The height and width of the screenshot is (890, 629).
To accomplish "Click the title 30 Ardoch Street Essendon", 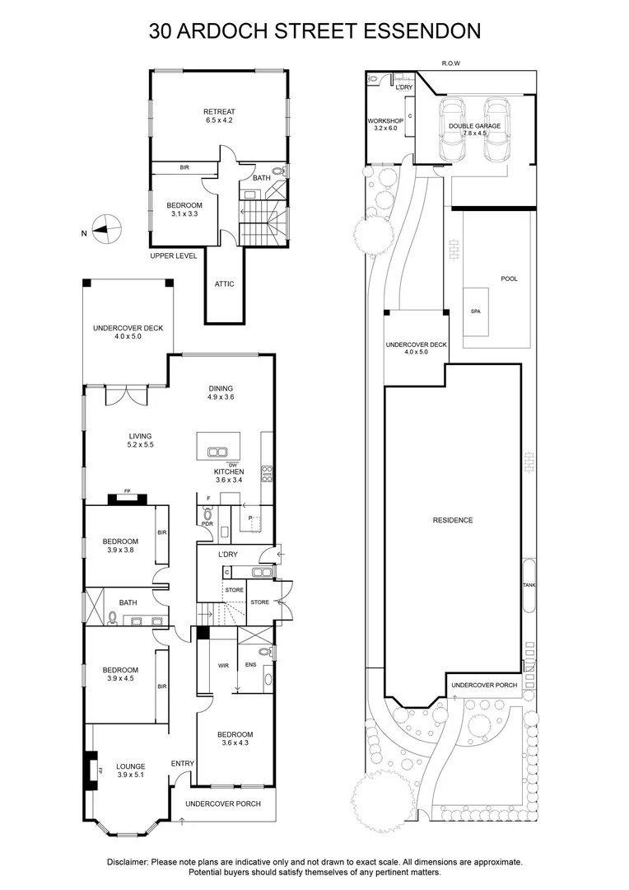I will click(x=314, y=31).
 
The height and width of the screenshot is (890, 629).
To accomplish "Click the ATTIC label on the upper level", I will click(x=224, y=284).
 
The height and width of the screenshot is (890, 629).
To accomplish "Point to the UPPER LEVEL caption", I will click(x=174, y=256).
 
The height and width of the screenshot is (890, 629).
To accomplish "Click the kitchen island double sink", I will click(x=217, y=452).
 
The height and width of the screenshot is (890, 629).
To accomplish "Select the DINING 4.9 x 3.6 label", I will click(x=221, y=393).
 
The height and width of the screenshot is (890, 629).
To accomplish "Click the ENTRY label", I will click(x=182, y=764).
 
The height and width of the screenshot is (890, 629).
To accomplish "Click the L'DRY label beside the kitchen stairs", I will click(x=228, y=555).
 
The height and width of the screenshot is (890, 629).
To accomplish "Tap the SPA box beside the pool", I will click(x=476, y=312).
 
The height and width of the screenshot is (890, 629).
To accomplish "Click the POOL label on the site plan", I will click(x=509, y=279).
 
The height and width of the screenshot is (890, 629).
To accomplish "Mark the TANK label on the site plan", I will click(x=529, y=585).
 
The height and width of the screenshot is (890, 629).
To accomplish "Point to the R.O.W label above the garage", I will click(x=450, y=63).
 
